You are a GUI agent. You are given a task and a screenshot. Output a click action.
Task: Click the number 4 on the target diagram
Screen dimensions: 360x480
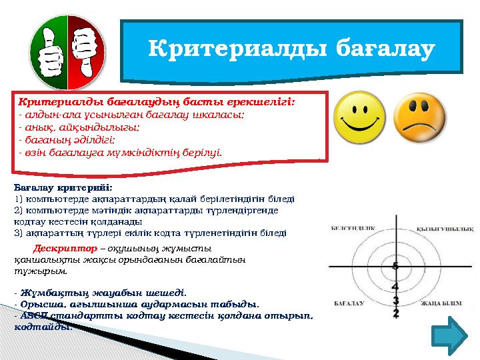coord(395,287)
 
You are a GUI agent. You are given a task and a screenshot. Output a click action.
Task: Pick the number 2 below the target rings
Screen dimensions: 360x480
coord(396,313)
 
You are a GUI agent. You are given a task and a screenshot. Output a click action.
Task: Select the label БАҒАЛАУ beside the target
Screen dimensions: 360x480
coord(349,303)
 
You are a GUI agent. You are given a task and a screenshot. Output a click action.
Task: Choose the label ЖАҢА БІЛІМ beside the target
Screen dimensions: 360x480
coord(441,303)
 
